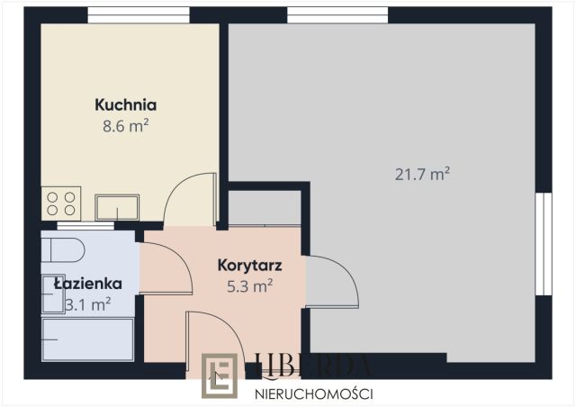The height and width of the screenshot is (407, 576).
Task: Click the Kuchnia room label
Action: [126, 105]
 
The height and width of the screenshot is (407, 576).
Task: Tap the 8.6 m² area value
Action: [126, 127]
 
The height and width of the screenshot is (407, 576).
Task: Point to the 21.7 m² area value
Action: [423, 174]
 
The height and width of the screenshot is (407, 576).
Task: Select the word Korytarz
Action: [251, 266]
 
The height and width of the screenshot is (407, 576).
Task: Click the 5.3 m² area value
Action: [251, 286]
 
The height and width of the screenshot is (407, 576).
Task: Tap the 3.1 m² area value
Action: [88, 304]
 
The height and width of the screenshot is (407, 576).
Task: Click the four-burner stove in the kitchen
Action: [61, 201]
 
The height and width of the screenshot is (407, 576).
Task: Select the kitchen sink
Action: [118, 207]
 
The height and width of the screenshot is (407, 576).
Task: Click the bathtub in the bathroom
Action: [87, 340]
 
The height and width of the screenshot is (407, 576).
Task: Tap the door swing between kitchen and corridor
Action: [191, 200]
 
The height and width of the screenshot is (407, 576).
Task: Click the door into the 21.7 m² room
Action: [331, 282]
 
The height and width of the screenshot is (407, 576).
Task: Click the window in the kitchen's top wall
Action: [139, 14]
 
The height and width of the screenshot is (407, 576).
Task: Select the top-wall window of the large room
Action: [337, 14]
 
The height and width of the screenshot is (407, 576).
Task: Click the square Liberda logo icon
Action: [220, 375]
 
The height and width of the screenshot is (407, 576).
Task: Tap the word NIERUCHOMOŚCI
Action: [315, 393]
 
